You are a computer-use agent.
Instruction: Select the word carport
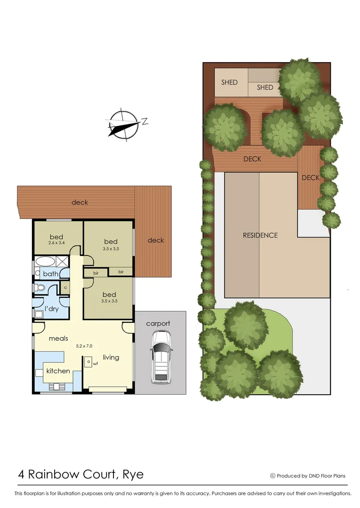coord(158,324)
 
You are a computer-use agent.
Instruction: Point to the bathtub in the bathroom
coord(45,262)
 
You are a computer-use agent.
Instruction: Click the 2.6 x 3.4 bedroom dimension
coord(56,243)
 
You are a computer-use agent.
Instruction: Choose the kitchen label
coord(58,371)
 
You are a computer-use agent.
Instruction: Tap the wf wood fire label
coord(95,363)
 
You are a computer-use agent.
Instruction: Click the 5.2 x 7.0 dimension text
coord(85,346)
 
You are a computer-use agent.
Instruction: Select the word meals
coord(58,338)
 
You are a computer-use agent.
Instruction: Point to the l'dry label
coord(51,309)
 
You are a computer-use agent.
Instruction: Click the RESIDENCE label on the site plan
coord(260,235)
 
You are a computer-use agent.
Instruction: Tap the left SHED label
coord(229,82)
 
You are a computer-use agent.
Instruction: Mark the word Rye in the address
coord(133,474)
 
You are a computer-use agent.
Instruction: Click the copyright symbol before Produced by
coord(272,476)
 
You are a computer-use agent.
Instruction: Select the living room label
coord(111,357)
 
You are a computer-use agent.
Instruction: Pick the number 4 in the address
coord(22,474)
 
